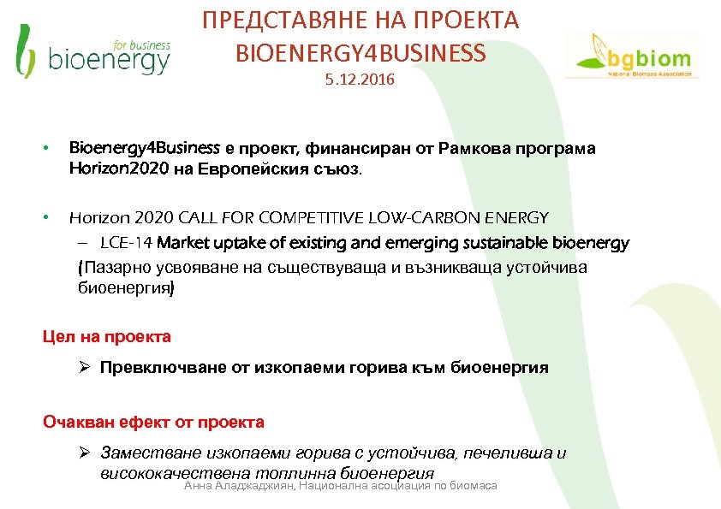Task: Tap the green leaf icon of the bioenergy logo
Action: pyautogui.click(x=26, y=50)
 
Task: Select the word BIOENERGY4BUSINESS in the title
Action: pyautogui.click(x=360, y=53)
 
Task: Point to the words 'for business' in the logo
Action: pyautogui.click(x=141, y=44)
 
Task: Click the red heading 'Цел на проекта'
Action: pyautogui.click(x=107, y=336)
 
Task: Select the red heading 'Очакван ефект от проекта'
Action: pyautogui.click(x=153, y=422)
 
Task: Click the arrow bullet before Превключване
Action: pyautogui.click(x=85, y=368)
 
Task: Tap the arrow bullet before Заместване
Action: pyautogui.click(x=85, y=453)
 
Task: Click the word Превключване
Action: pyautogui.click(x=164, y=368)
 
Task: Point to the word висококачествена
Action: pyautogui.click(x=163, y=473)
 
